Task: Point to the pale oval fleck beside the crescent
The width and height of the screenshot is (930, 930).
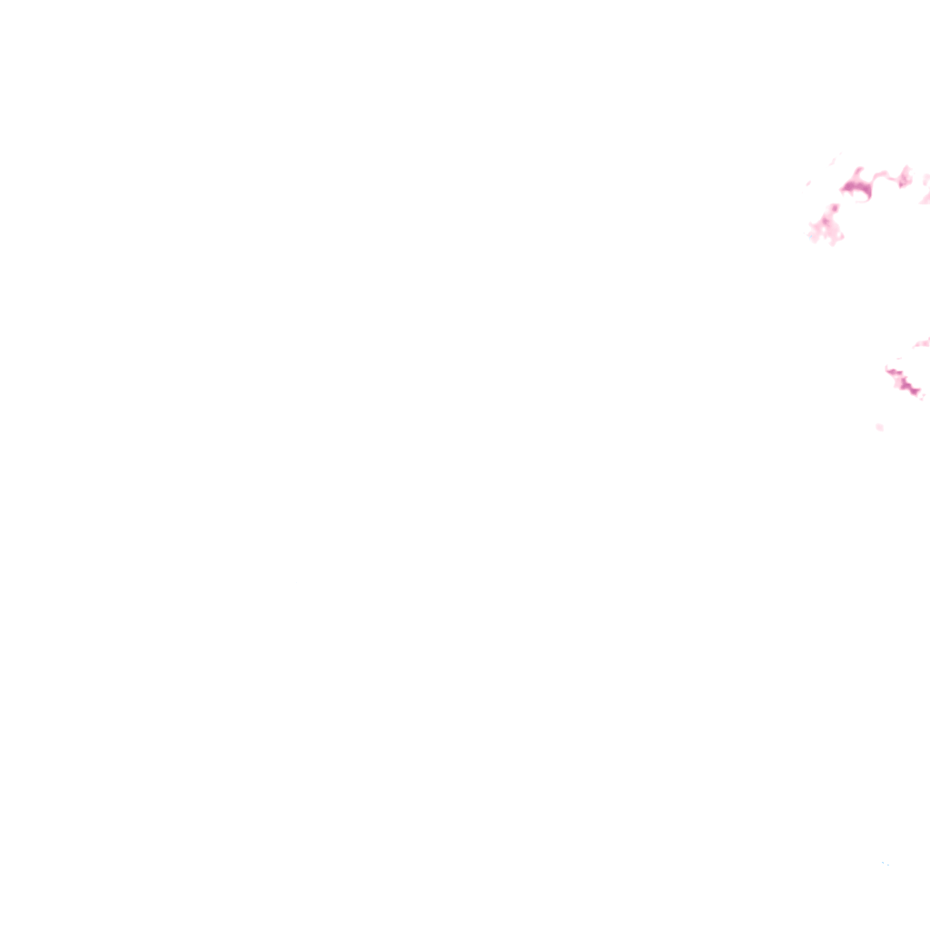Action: tap(808, 183)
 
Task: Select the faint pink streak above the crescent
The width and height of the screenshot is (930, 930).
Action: tap(834, 162)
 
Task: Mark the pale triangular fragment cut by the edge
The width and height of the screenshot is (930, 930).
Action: tap(925, 197)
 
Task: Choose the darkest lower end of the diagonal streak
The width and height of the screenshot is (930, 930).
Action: tap(915, 391)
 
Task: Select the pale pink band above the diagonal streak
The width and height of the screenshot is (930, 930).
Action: tap(922, 343)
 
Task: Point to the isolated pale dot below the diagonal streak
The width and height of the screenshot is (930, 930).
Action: tap(879, 427)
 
